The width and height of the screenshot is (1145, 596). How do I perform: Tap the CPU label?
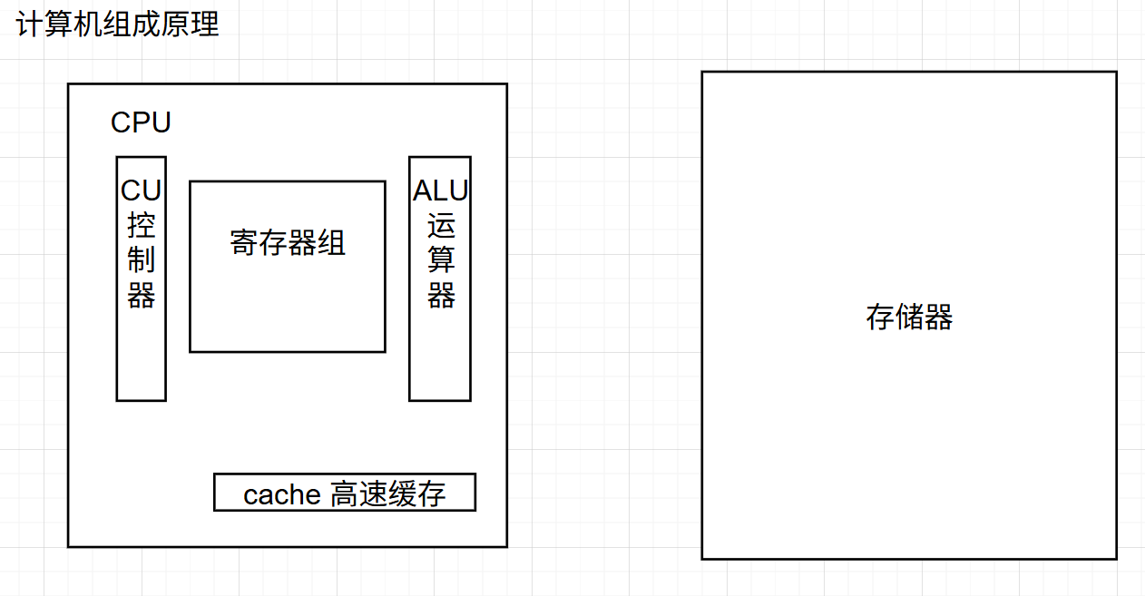tap(141, 122)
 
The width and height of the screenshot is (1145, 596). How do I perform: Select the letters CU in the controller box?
tap(141, 191)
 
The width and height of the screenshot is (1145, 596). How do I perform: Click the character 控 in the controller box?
tap(141, 226)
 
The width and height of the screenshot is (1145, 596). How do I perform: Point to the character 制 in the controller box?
tap(141, 261)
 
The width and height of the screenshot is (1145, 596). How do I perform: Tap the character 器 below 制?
tap(141, 296)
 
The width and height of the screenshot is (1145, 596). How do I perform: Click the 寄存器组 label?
tap(288, 243)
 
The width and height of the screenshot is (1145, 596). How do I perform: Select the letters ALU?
tap(440, 191)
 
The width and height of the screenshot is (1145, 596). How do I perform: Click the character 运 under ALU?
tap(441, 226)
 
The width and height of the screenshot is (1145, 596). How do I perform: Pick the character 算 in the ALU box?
tap(441, 261)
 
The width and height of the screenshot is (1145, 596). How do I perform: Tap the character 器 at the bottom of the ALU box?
tap(441, 296)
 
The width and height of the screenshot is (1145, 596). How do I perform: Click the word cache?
tap(282, 494)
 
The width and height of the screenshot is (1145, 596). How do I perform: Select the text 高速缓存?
tap(388, 494)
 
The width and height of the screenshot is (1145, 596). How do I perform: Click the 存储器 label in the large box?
tap(909, 318)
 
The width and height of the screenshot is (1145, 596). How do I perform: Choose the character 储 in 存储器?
tap(909, 318)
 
